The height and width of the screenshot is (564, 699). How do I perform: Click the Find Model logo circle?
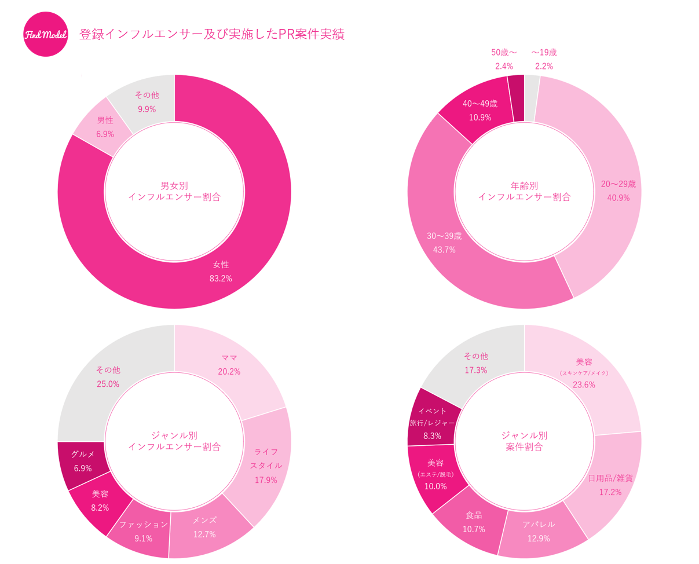pos(46,34)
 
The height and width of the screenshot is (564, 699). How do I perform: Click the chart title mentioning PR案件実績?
pos(211,34)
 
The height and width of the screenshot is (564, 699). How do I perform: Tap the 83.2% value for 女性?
pos(221,279)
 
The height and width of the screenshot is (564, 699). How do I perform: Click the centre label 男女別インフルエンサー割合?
pos(174,191)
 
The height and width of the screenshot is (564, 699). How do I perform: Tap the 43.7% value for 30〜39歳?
pos(444,250)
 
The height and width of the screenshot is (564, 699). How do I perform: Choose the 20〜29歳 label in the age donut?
pos(618,184)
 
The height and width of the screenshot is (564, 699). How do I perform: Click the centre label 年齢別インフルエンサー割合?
pos(524,191)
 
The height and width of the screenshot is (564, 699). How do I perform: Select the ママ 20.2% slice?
pos(229,365)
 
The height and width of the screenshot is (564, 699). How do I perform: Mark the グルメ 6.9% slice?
pos(82,461)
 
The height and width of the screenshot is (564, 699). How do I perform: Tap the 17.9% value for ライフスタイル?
pos(266,479)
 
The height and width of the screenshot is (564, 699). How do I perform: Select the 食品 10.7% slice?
pos(473,522)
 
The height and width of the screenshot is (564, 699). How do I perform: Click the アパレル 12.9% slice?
pos(539,531)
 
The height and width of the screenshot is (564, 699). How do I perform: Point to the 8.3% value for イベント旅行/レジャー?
pos(432,435)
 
